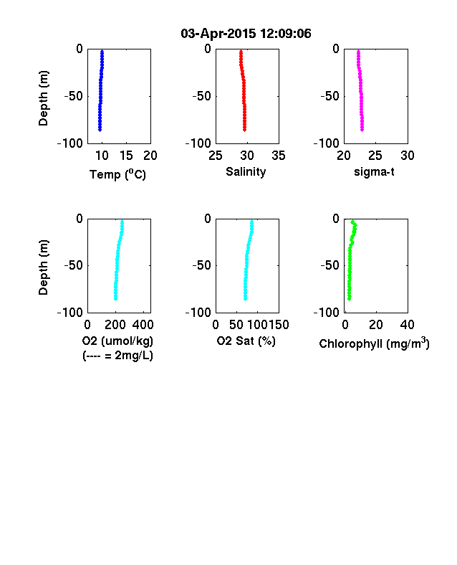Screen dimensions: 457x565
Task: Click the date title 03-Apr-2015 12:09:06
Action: click(x=246, y=34)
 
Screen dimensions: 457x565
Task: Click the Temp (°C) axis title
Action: click(x=117, y=174)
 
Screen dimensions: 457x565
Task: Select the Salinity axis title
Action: click(x=246, y=172)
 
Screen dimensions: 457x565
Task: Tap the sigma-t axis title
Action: click(x=374, y=172)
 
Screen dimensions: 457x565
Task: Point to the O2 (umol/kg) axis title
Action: click(x=117, y=341)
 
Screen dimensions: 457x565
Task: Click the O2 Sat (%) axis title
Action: click(x=246, y=341)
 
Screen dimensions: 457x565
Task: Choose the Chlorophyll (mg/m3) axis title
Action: click(x=374, y=343)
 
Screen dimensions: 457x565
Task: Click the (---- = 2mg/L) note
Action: click(x=117, y=356)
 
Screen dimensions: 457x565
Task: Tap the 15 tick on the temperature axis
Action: click(x=126, y=156)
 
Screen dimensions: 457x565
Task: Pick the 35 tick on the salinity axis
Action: click(x=279, y=156)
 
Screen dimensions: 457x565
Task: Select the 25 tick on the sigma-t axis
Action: click(x=375, y=156)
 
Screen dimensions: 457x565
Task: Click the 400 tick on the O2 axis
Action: click(x=143, y=325)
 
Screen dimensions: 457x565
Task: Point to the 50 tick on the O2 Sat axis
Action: click(x=236, y=325)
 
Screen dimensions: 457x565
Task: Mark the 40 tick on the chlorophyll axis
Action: click(x=408, y=325)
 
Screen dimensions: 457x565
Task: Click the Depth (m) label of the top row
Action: click(x=43, y=98)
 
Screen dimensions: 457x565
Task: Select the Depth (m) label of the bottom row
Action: click(x=43, y=267)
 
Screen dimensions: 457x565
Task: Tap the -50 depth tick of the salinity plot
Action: click(x=201, y=96)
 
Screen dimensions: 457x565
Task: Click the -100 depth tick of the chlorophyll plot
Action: click(x=327, y=313)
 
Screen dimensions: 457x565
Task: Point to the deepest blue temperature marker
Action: click(x=100, y=129)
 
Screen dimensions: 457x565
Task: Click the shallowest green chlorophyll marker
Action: click(x=352, y=222)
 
